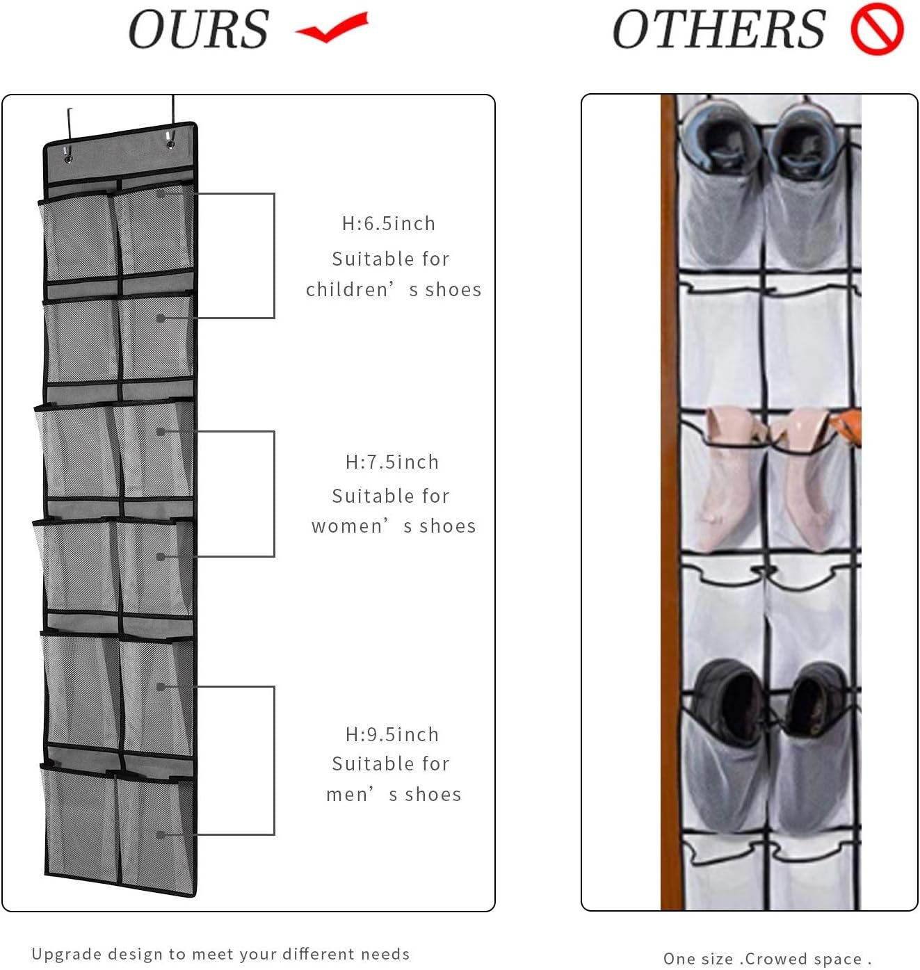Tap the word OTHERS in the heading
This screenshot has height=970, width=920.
pos(718,30)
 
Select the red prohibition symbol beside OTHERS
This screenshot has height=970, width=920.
pos(877,30)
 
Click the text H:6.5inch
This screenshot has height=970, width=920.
pos(389,223)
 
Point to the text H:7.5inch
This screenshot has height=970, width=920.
pos(392,462)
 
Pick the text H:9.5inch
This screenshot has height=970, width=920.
pos(392,734)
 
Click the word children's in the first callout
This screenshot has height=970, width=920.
pos(355,289)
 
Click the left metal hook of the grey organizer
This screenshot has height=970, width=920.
pos(70,129)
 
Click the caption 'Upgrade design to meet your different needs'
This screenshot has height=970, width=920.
pos(220,953)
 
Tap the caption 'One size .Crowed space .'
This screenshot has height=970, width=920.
pos(767,959)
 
